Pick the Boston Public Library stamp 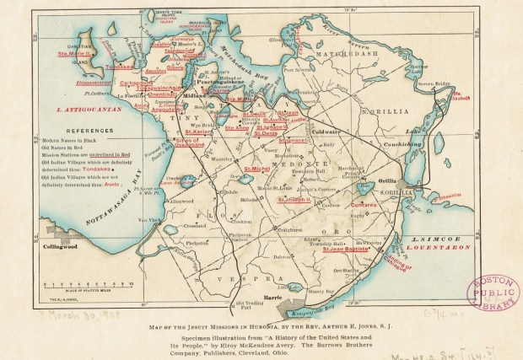pyautogui.click(x=493, y=294)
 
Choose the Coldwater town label pyautogui.click(x=324, y=132)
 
